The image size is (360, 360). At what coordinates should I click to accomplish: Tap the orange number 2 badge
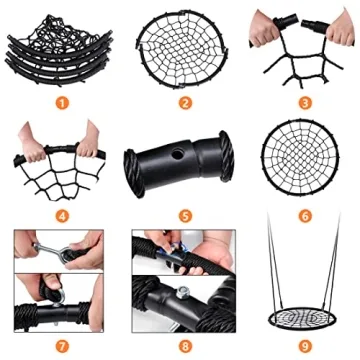pos(183,101)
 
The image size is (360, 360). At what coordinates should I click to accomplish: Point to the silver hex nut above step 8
pos(185,294)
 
